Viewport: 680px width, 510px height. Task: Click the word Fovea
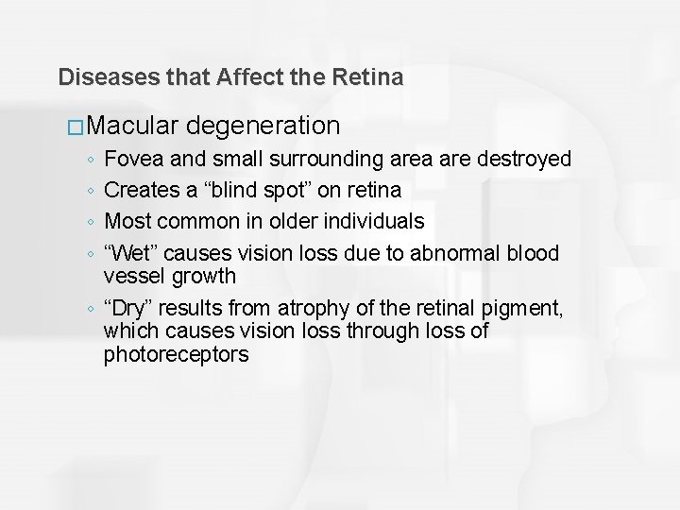click(x=132, y=160)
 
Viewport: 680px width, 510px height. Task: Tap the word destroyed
click(x=519, y=160)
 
